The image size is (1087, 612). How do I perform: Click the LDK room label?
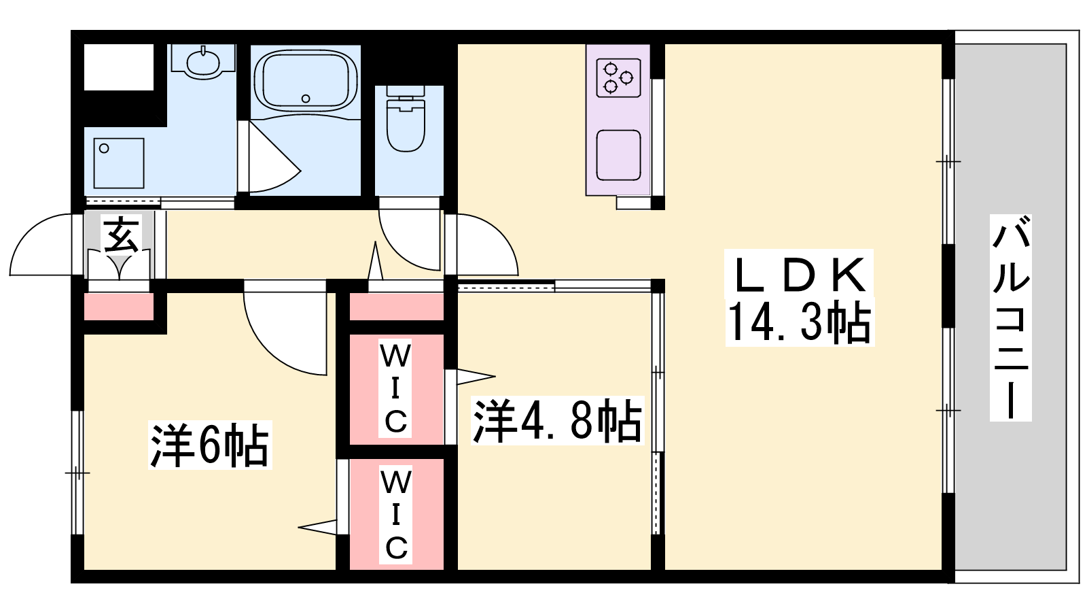800,275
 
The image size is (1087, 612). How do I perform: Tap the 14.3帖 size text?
800,322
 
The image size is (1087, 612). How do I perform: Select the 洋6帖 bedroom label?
210,445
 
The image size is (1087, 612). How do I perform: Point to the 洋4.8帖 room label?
557,421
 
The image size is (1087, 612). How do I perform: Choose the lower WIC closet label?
395,514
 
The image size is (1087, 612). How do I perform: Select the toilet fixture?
406,118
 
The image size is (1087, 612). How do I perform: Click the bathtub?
305,82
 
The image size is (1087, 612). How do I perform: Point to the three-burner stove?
618,78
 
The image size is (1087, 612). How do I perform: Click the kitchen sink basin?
618,155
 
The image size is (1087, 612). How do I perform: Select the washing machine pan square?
119,163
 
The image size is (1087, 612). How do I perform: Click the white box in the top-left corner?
119,67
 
